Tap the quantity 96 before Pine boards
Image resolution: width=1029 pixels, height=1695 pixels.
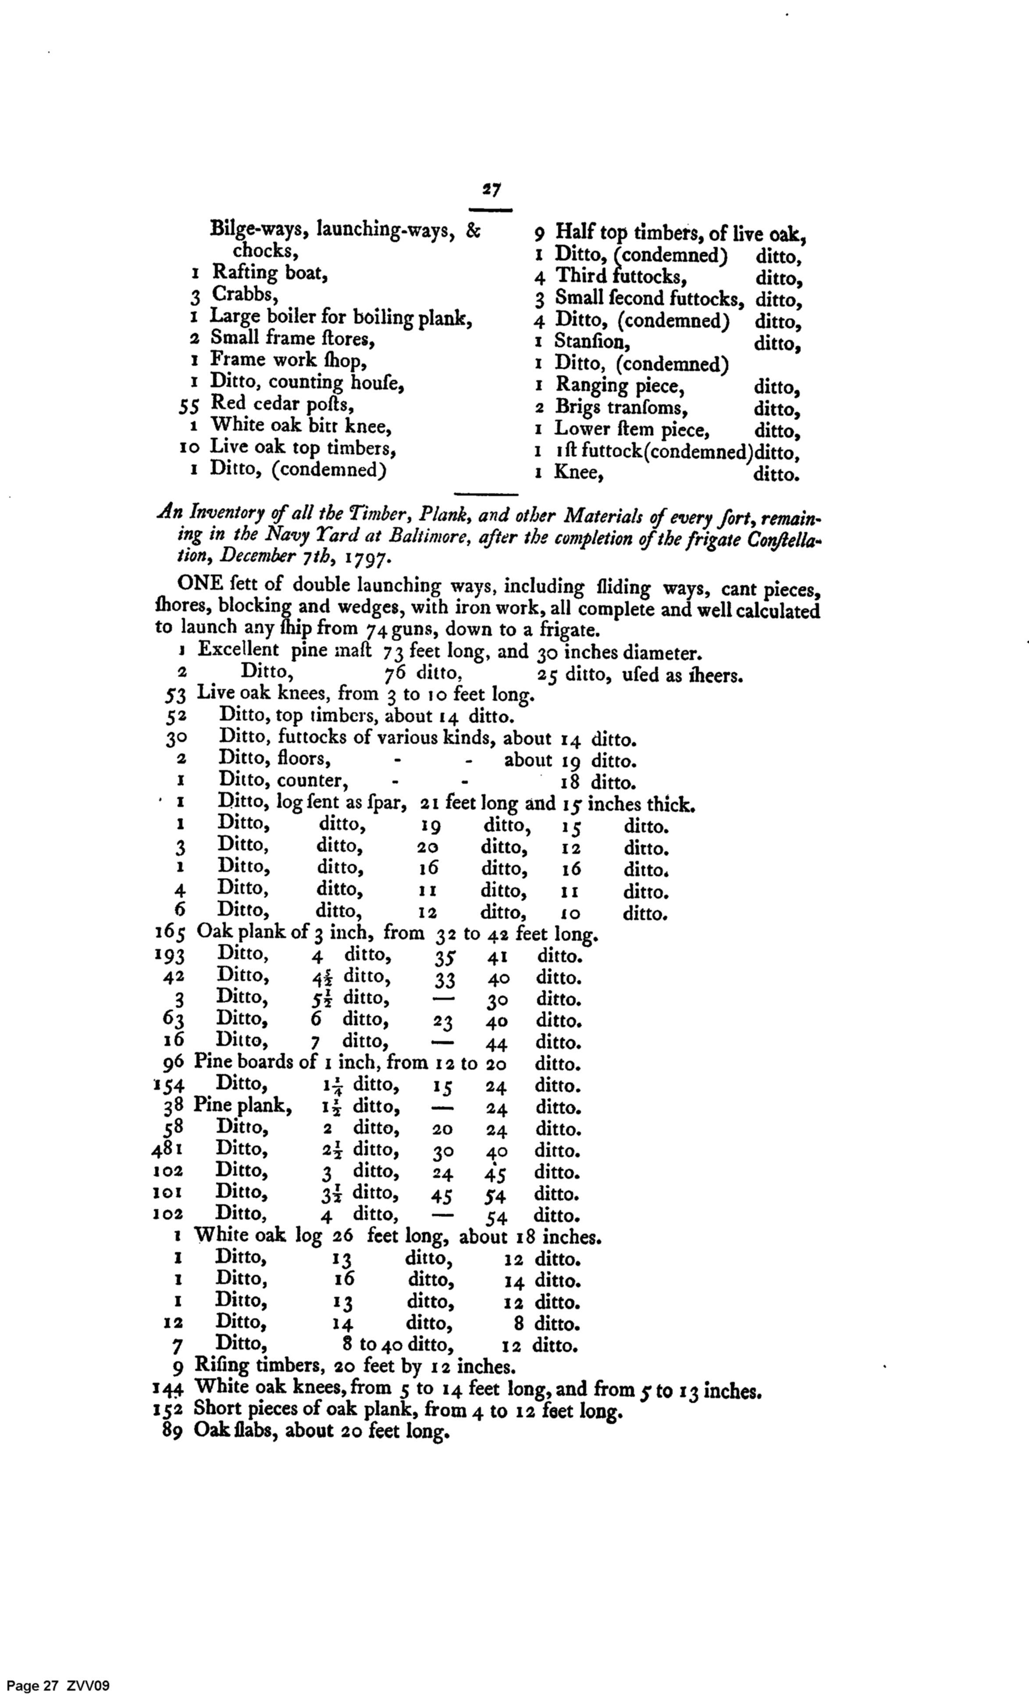(x=173, y=1063)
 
